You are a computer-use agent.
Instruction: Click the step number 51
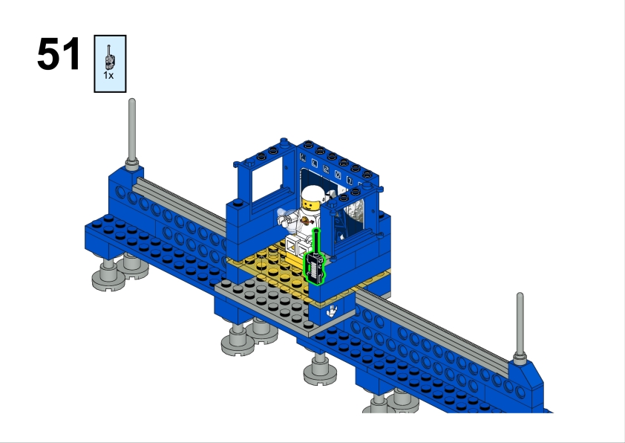[59, 54]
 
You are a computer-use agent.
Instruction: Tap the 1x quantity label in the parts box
[108, 75]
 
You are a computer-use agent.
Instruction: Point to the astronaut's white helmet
[311, 193]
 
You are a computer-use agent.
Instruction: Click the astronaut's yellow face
[311, 205]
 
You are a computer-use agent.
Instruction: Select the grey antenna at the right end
[520, 328]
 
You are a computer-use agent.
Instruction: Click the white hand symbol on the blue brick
[332, 311]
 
